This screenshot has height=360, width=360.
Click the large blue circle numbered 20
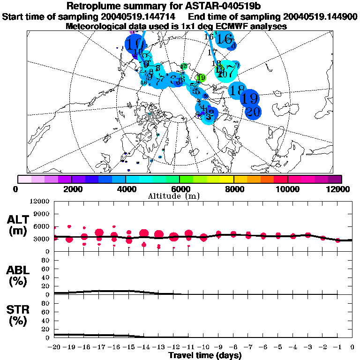253,112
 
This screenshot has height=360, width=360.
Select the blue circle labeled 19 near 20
250,98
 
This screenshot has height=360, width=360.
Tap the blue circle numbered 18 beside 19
237,89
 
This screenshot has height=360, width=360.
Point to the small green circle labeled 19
202,77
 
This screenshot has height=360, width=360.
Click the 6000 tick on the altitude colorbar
180,188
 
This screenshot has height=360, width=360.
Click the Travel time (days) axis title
205,355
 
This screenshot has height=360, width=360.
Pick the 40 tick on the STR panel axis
46,321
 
